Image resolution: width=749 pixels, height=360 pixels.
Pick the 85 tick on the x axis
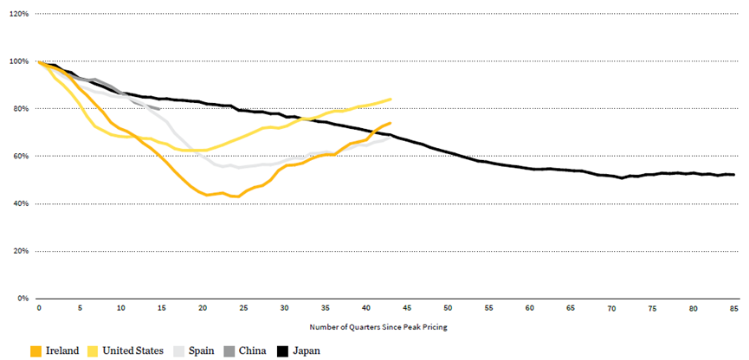[733, 308]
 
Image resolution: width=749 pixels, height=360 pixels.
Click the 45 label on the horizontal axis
[407, 308]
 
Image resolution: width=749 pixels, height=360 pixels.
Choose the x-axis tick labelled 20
[203, 308]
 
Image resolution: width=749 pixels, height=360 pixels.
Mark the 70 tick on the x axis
[611, 308]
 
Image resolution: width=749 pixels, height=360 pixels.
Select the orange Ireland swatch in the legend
[36, 350]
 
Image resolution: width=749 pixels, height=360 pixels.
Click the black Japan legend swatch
[283, 350]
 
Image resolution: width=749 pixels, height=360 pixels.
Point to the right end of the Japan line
[734, 175]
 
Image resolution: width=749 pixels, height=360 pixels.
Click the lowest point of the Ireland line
[236, 197]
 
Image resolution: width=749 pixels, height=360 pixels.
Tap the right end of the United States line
[391, 99]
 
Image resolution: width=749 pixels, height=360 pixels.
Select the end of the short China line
[161, 109]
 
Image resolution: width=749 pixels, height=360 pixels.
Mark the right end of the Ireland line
[391, 123]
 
